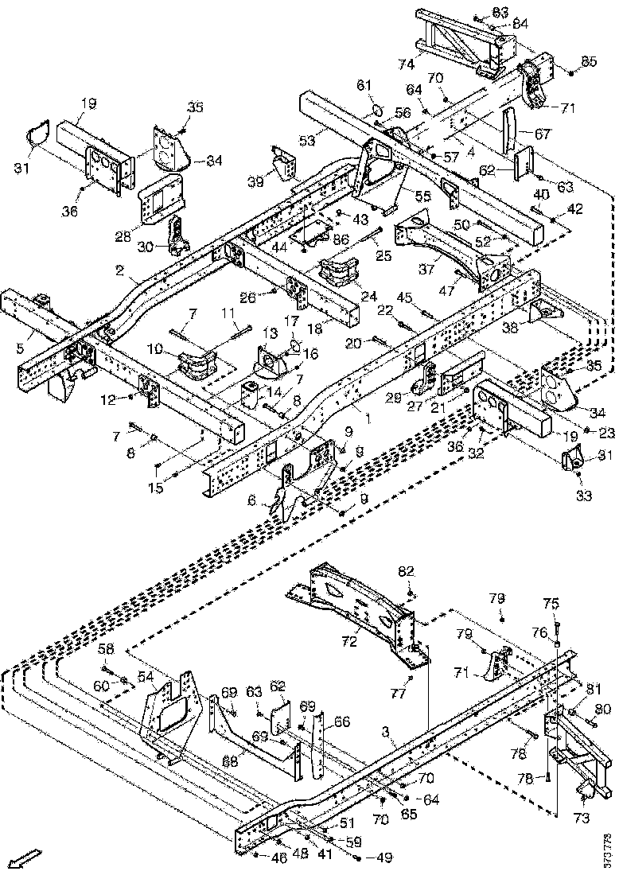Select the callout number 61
click(x=364, y=85)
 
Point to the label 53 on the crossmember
click(x=307, y=141)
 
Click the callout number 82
click(x=407, y=571)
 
